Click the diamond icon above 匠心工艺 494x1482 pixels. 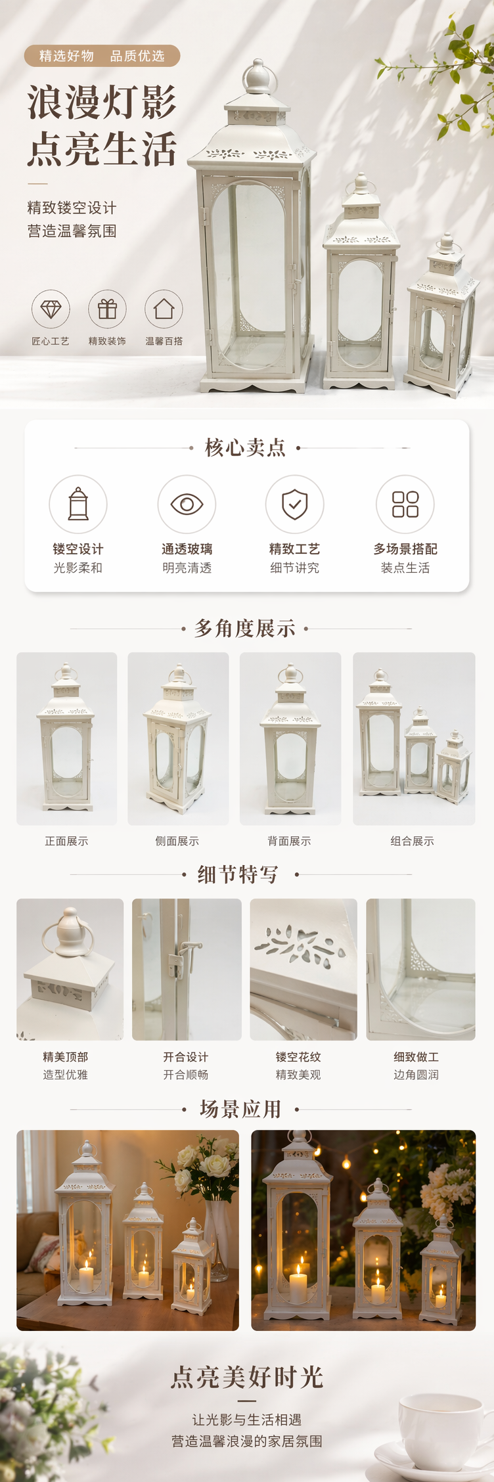[x=51, y=309]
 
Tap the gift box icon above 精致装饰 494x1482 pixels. [x=107, y=309]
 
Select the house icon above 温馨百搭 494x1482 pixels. [x=164, y=308]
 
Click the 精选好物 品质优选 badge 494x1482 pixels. [x=102, y=56]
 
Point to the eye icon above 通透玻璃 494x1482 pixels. [x=187, y=504]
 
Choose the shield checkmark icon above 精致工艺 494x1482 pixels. [x=294, y=504]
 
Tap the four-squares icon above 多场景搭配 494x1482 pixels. [x=405, y=504]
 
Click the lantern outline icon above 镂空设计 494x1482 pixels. [x=78, y=504]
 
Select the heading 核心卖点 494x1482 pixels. [x=245, y=447]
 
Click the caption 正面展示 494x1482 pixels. [x=66, y=841]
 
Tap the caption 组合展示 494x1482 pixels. [x=413, y=841]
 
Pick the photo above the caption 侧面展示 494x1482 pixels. [x=178, y=738]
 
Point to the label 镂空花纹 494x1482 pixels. [x=298, y=1057]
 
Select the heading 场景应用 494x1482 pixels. [x=240, y=1110]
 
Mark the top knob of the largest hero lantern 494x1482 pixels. [x=257, y=78]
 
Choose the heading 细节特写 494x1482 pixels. [x=238, y=874]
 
